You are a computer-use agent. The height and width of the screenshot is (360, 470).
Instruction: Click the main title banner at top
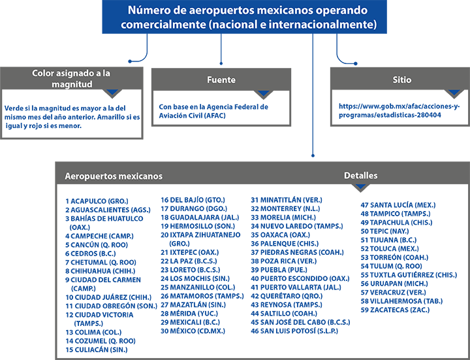(x=244, y=17)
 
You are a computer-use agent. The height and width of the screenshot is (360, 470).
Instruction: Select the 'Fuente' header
(x=221, y=80)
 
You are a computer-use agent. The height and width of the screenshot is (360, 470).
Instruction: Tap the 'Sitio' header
(x=401, y=80)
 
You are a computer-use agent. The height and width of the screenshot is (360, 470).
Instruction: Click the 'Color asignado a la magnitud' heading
(x=71, y=78)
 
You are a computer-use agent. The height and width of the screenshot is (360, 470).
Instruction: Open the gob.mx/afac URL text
(x=399, y=110)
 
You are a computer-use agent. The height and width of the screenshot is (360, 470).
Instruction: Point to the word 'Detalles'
(x=360, y=176)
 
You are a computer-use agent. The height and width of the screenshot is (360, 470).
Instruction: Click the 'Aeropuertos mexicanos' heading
(x=114, y=176)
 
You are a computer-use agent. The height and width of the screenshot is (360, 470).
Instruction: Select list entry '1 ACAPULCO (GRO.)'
(x=97, y=201)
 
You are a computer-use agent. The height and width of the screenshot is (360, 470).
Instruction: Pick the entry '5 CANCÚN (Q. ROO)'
(x=97, y=245)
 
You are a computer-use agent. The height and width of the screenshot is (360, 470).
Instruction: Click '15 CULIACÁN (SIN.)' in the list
(x=97, y=350)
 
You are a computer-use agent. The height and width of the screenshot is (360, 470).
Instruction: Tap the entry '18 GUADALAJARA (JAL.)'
(x=200, y=217)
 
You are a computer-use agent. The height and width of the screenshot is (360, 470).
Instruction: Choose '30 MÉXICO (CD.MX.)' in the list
(x=193, y=331)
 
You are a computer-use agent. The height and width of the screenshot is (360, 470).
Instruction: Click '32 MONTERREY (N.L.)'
(x=285, y=208)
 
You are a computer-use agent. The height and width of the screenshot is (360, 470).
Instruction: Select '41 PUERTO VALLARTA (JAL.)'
(x=296, y=287)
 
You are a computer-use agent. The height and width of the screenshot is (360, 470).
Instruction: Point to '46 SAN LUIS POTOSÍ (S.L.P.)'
(x=294, y=331)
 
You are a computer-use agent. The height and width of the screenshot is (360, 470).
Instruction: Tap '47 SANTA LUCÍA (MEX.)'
(x=398, y=205)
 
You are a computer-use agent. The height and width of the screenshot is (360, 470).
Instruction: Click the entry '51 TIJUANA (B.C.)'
(x=388, y=240)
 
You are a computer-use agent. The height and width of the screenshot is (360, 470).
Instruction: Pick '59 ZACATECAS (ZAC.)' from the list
(x=395, y=310)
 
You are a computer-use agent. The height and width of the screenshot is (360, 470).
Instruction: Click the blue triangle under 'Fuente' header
(x=264, y=93)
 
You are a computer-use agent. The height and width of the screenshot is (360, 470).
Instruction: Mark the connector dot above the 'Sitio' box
(x=356, y=63)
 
